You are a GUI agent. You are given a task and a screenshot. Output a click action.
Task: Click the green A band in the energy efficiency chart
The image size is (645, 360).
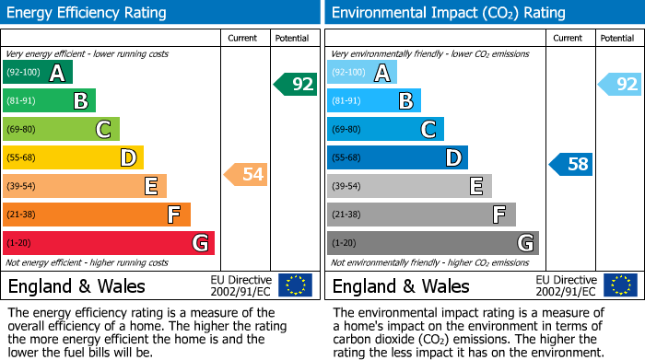pos(37,73)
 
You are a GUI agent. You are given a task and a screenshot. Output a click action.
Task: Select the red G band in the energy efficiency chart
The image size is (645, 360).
pos(108,243)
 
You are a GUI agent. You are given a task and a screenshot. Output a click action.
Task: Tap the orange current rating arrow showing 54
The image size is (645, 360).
pos(246,174)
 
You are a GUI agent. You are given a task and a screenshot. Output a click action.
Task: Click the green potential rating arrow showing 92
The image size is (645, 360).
pos(296,85)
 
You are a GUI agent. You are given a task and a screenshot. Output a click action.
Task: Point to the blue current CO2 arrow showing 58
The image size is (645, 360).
pos(571,165)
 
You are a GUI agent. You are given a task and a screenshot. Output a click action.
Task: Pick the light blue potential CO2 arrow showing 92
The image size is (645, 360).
pos(620,85)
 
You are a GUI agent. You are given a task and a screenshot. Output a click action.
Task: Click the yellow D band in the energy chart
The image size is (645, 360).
pos(72,157)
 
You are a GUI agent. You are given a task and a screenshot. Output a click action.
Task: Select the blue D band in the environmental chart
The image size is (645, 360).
pos(396,157)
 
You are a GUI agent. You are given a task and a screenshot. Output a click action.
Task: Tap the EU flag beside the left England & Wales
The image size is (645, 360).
pos(295,285)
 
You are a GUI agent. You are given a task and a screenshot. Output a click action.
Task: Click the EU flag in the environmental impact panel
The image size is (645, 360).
pos(620,285)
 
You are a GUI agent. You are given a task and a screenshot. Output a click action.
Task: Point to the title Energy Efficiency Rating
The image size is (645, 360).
pos(88,13)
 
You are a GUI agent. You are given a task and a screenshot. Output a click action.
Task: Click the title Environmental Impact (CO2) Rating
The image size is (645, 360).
pos(448,13)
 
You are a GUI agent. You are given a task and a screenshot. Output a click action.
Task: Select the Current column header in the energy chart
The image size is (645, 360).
pos(242,38)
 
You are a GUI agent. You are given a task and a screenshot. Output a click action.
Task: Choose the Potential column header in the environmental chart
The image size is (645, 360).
pos(616,38)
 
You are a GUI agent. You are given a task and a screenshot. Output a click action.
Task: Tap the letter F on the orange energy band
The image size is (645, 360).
pos(173,215)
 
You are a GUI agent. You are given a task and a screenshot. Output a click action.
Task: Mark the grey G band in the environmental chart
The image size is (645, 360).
pos(432,243)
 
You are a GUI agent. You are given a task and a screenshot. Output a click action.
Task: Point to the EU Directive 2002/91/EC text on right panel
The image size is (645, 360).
pos(566,285)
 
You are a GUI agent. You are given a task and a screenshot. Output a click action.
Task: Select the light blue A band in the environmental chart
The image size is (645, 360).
pos(361,73)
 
